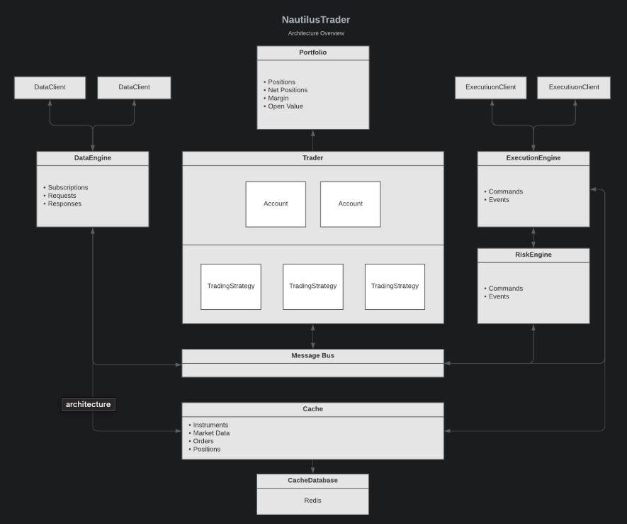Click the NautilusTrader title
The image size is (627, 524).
[x=316, y=20]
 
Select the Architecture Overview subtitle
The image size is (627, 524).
[x=316, y=33]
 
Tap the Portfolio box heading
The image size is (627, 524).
[x=312, y=52]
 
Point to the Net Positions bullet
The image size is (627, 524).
[x=288, y=90]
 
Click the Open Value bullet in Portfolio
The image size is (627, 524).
[x=285, y=106]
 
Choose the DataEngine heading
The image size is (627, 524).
[x=92, y=157]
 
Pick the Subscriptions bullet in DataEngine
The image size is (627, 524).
[x=67, y=187]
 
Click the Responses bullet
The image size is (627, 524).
[x=64, y=204]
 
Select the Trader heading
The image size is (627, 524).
[x=312, y=157]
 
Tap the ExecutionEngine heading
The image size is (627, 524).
[x=533, y=157]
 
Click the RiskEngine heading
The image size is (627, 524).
[x=533, y=255]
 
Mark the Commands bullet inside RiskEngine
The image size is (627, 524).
[x=505, y=288]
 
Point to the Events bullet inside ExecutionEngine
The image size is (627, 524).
[x=499, y=200]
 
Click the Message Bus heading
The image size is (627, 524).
[x=312, y=355]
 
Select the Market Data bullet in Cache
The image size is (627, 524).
[x=211, y=433]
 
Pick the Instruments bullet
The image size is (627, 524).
[x=210, y=425]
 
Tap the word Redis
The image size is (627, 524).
[x=312, y=501]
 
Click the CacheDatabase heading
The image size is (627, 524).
[x=312, y=480]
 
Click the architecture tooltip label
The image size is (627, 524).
[x=89, y=404]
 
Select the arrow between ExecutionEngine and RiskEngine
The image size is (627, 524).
[x=533, y=238]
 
